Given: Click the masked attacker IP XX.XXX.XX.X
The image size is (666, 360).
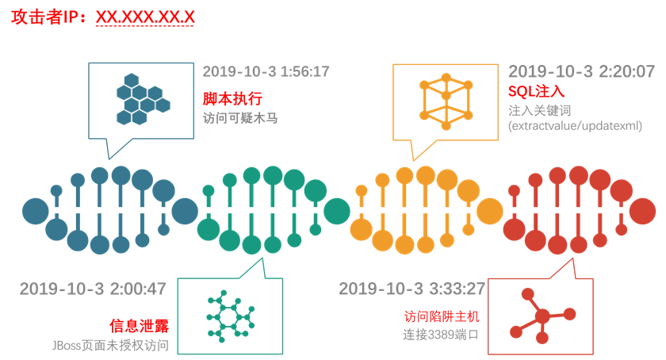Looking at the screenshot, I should pos(144,17).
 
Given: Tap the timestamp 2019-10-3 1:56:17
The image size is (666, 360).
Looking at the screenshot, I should pos(266,72).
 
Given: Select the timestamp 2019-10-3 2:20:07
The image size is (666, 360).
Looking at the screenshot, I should pos(581,72).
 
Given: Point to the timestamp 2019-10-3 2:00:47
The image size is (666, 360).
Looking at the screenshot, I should pos(93,289).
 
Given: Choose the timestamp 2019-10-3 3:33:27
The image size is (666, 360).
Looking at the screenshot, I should pos(411,289).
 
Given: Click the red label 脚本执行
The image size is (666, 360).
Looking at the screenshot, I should pos(232,98).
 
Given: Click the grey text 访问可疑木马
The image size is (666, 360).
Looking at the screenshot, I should pos(239,118).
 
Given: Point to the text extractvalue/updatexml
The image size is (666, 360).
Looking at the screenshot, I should pos(574,126).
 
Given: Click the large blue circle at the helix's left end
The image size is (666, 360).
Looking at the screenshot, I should pos(35,211).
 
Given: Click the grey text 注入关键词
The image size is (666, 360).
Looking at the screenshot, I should pos(539,111).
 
